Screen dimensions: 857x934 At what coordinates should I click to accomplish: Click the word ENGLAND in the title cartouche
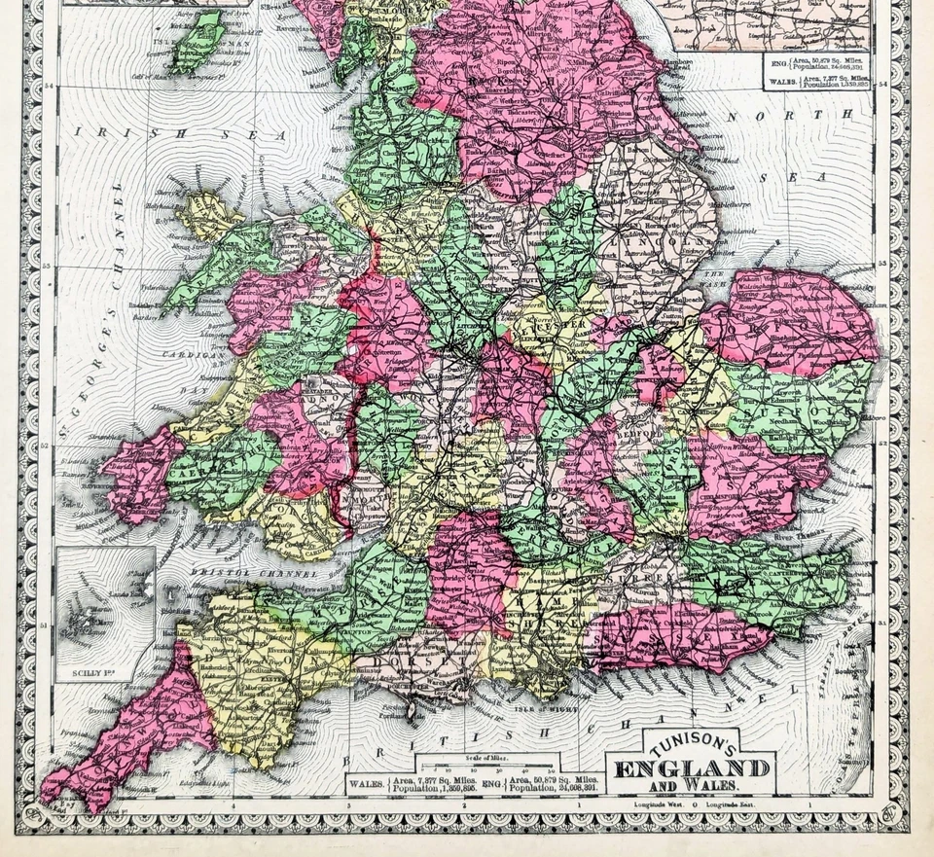(x=692, y=768)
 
